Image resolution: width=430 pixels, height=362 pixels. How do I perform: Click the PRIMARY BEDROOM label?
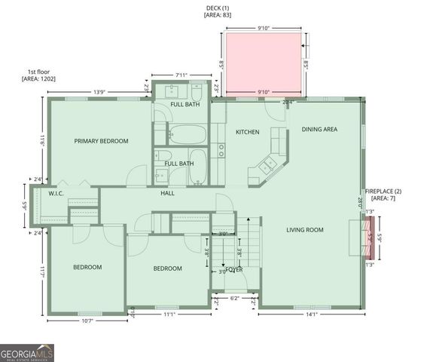point(101,141)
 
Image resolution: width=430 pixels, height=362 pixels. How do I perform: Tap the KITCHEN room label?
point(247,132)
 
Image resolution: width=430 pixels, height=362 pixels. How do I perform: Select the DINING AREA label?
point(319,130)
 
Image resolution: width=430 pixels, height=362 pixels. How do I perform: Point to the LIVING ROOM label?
point(305,230)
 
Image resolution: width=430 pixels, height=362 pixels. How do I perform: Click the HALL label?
point(167,193)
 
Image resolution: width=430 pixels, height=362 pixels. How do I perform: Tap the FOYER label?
point(234,268)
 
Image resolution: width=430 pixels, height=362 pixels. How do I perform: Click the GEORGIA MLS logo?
point(27,352)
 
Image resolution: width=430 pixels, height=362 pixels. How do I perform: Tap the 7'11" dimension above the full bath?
point(181,75)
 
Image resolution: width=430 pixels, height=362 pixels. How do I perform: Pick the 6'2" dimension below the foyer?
point(234,299)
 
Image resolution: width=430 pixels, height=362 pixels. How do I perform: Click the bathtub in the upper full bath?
point(186,135)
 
